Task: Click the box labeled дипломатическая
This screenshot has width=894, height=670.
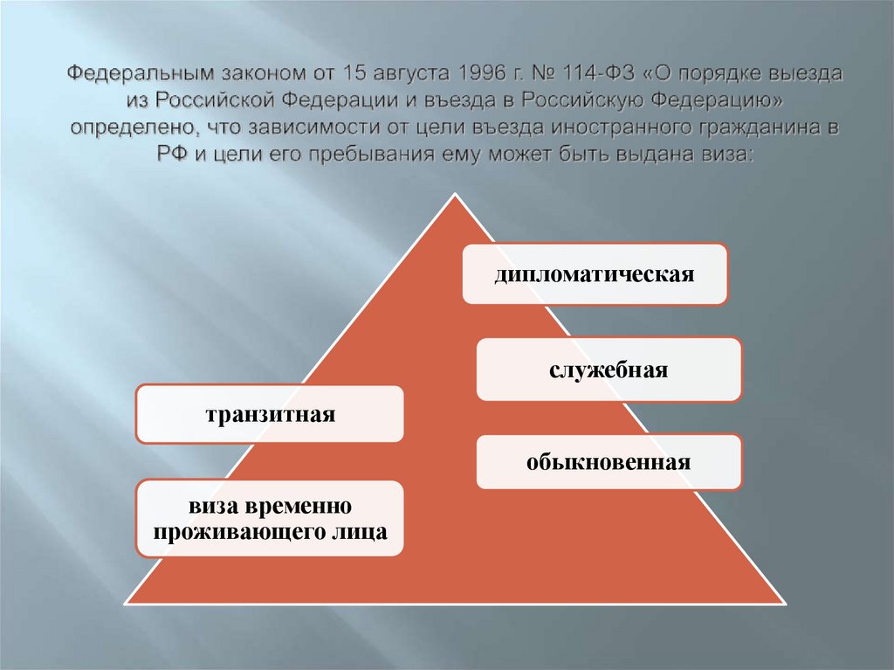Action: tap(595, 274)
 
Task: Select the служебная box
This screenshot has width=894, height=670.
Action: tap(609, 370)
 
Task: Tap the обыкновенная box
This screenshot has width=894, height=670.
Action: tap(609, 461)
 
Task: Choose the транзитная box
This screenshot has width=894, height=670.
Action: tap(270, 413)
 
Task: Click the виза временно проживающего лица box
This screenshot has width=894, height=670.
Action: tap(270, 518)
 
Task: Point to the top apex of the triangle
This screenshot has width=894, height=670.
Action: tap(454, 196)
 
